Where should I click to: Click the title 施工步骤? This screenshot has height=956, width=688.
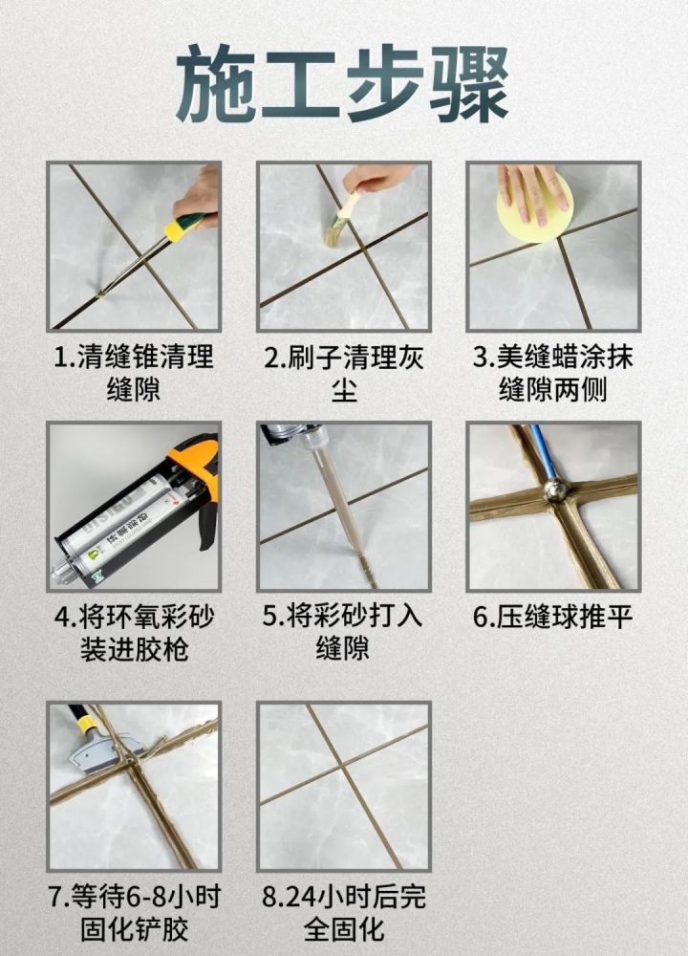[x=343, y=84]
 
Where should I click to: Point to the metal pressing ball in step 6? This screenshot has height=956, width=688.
[x=555, y=490]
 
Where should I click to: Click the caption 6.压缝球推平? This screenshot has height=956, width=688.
[x=553, y=617]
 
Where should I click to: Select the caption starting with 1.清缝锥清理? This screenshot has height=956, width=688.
[x=134, y=373]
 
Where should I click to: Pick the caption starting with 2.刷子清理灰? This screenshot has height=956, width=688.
[x=343, y=373]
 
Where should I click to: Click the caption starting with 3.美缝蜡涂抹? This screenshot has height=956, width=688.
[x=553, y=373]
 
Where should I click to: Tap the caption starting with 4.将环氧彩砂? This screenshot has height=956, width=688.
[x=134, y=633]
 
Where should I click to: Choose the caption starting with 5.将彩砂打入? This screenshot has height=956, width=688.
[x=343, y=633]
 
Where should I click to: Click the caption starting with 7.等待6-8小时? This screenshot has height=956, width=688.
[x=134, y=913]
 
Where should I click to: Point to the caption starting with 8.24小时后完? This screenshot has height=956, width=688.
[x=343, y=913]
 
